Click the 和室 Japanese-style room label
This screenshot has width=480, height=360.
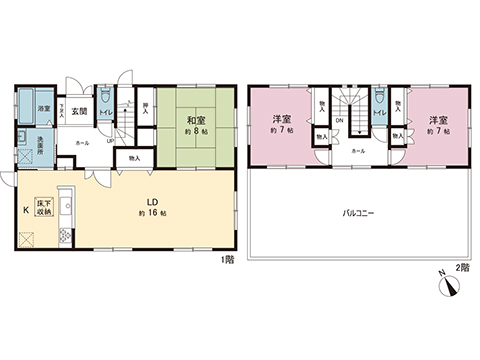[194, 121]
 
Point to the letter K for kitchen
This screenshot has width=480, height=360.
[26, 211]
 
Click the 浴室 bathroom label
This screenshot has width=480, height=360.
[45, 107]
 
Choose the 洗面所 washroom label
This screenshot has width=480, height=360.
[43, 140]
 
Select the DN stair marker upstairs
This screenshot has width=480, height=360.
[340, 122]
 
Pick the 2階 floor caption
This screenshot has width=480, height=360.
[462, 267]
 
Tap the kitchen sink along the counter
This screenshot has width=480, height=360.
[66, 208]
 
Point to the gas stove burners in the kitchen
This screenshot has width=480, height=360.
[66, 236]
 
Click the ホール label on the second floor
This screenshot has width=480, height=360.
[357, 151]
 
